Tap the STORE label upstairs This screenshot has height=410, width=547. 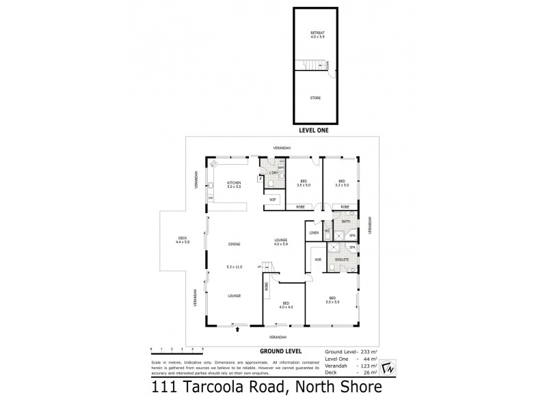point(316,98)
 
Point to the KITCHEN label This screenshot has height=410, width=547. point(235,182)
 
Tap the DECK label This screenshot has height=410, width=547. point(182,239)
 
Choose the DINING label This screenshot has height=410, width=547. point(235,244)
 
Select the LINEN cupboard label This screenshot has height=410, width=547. point(315,234)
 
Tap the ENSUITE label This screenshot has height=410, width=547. point(343,260)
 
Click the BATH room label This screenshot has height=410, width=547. point(346,221)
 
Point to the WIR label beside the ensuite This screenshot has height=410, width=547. point(318,260)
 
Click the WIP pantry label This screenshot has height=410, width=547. point(273,200)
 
